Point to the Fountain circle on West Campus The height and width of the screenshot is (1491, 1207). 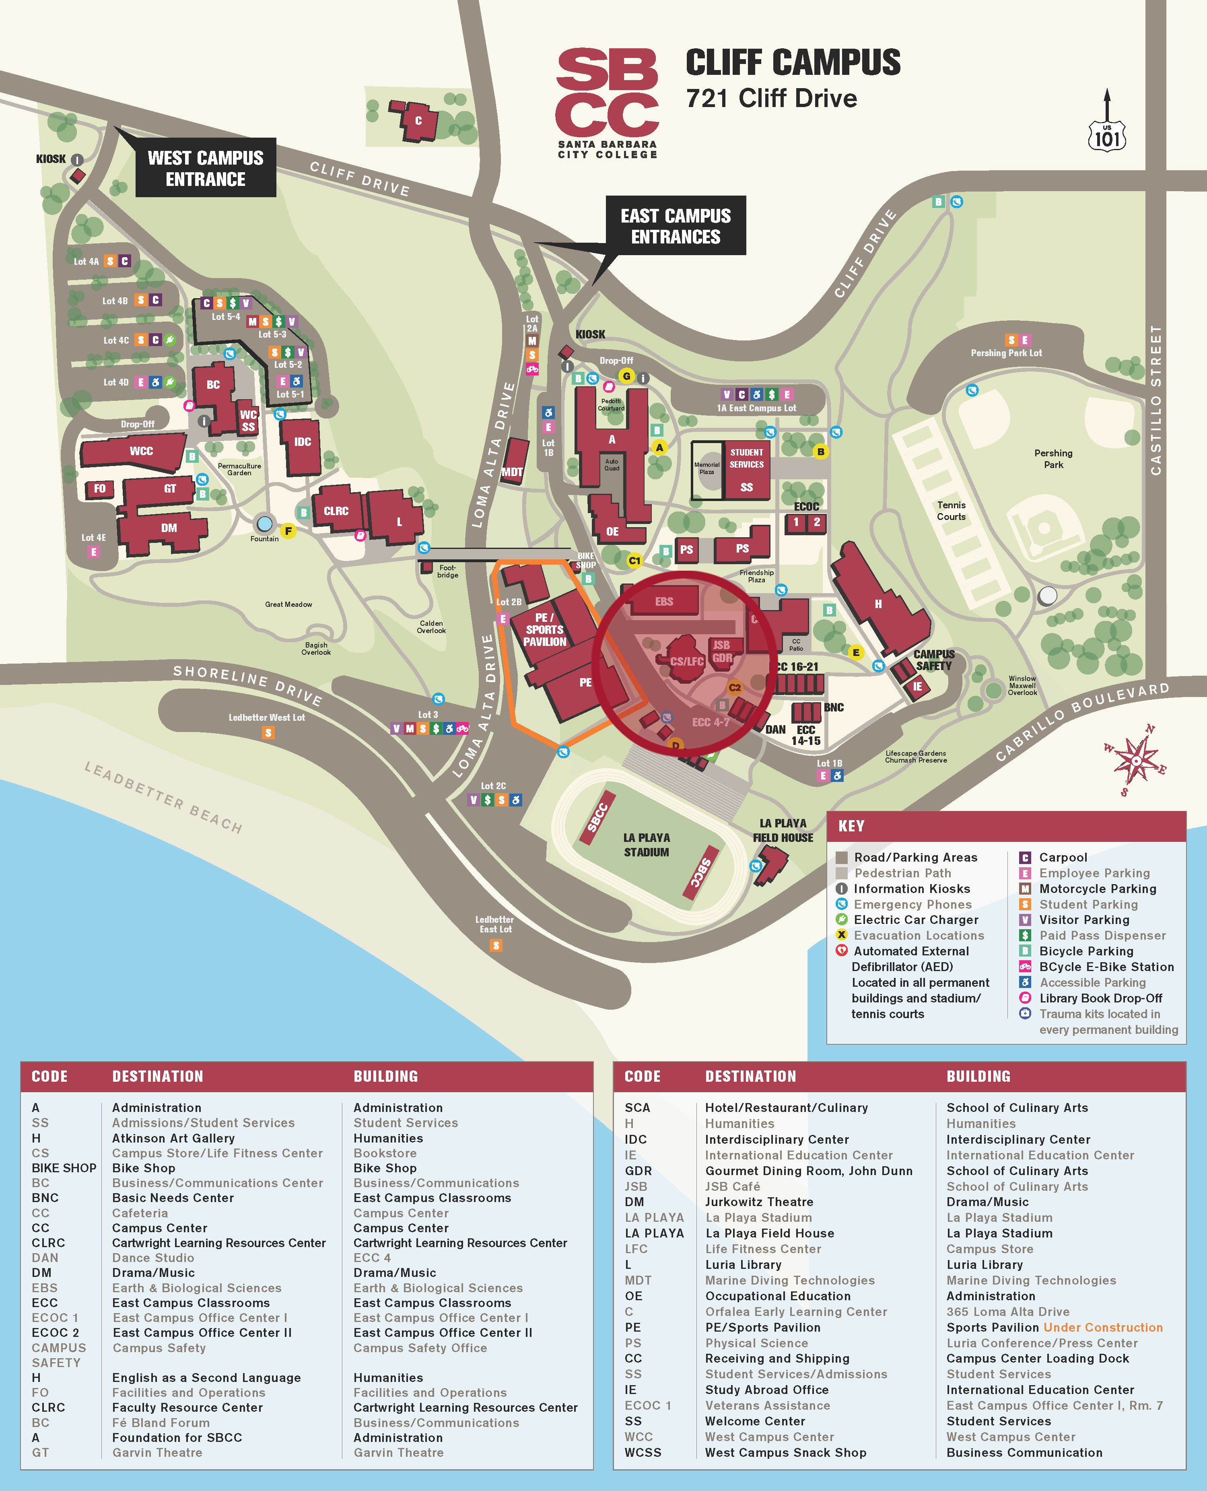(x=264, y=523)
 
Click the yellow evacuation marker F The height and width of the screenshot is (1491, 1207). (x=288, y=531)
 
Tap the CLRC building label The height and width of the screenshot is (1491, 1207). (x=336, y=511)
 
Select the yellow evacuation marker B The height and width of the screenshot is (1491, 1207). (x=820, y=452)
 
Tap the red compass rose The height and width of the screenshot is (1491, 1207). (x=1135, y=760)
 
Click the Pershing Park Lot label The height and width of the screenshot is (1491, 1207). (x=1006, y=353)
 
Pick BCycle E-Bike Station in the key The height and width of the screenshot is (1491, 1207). (x=1106, y=967)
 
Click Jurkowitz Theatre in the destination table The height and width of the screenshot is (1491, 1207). (x=758, y=1202)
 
